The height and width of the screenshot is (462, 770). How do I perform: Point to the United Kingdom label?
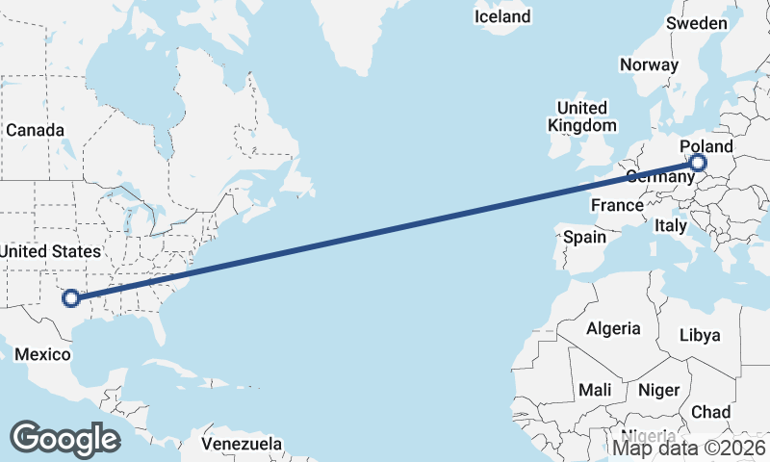pyautogui.click(x=582, y=116)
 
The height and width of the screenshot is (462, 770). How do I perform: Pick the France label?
pyautogui.click(x=617, y=205)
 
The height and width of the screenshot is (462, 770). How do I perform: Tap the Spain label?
pyautogui.click(x=585, y=237)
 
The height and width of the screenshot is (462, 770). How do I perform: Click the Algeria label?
pyautogui.click(x=613, y=328)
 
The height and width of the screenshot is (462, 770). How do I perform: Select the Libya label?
pyautogui.click(x=699, y=336)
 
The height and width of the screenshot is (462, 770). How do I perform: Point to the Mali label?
pyautogui.click(x=595, y=390)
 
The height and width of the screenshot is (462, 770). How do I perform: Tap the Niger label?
pyautogui.click(x=658, y=390)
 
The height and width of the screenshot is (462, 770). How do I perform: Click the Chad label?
pyautogui.click(x=710, y=412)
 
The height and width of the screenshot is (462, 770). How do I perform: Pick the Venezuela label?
pyautogui.click(x=243, y=444)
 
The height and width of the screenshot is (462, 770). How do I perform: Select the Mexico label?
pyautogui.click(x=42, y=355)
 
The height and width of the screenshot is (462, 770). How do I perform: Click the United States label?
pyautogui.click(x=50, y=251)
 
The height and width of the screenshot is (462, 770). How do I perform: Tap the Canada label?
pyautogui.click(x=35, y=130)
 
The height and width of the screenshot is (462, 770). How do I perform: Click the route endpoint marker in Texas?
pyautogui.click(x=70, y=297)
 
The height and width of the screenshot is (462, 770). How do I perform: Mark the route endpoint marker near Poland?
pyautogui.click(x=699, y=164)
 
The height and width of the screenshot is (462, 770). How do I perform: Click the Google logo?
pyautogui.click(x=64, y=439)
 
